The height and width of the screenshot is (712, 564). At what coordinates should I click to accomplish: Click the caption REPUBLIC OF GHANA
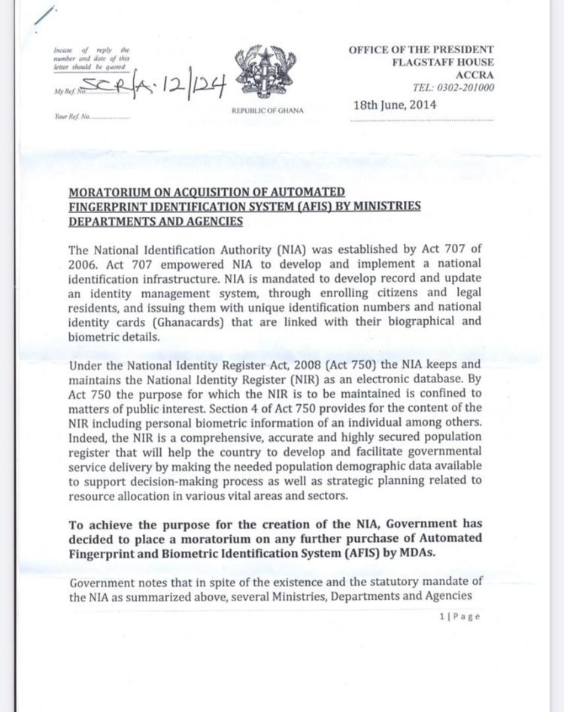click(268, 111)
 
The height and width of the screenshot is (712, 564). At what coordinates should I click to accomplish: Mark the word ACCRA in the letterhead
click(475, 75)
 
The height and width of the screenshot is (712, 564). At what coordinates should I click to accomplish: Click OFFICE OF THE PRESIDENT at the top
click(420, 49)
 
